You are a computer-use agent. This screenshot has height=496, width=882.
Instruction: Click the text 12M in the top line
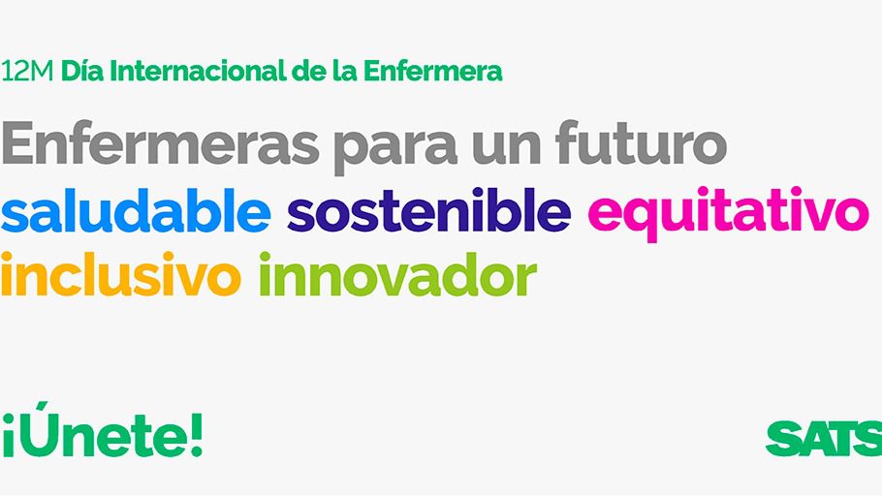coord(27,72)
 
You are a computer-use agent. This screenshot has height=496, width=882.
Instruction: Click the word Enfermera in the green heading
coord(432,71)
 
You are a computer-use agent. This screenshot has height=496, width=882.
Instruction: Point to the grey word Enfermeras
coord(160,142)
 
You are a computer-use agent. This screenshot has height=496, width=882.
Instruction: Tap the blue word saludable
coord(136,210)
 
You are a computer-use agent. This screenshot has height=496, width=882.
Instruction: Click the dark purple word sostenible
coord(429,210)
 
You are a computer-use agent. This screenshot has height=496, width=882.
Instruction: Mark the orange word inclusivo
coord(121,273)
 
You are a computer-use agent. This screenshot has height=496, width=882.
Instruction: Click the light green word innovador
coord(397,273)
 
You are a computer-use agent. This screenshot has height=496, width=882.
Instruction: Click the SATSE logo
coord(824,438)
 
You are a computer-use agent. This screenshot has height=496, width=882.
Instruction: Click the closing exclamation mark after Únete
coord(196,434)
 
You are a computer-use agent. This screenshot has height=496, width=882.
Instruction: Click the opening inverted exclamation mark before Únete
coord(8,443)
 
